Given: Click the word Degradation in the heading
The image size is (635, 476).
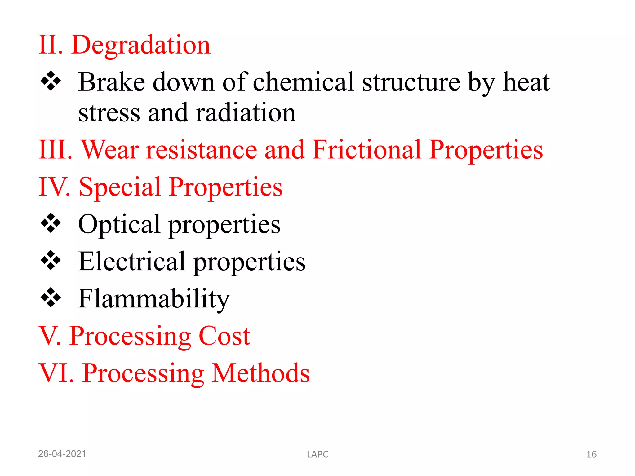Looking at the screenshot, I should (141, 46).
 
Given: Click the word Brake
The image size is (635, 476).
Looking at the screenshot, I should (112, 82).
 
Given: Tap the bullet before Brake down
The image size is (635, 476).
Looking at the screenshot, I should (51, 82).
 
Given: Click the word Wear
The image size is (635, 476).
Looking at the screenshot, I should (110, 150).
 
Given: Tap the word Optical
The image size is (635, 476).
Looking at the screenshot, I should (119, 224).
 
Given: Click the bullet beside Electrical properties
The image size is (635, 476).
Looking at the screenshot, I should (51, 260).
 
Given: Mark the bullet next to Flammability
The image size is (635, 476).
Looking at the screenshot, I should (51, 297).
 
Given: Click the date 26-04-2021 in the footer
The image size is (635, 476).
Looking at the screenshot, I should (62, 454).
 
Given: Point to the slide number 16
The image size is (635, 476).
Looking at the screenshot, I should (591, 454).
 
